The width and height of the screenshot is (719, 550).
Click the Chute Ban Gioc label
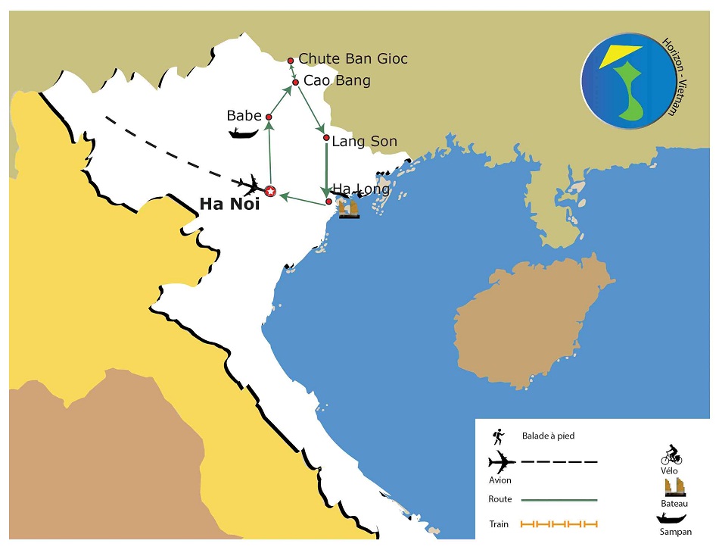[353, 58]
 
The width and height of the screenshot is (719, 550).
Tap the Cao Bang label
[337, 80]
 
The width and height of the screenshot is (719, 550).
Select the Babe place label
[244, 116]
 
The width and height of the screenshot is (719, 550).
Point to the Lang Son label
[364, 141]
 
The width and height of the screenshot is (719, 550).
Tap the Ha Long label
[361, 189]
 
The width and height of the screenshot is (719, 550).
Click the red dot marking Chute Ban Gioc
[291, 61]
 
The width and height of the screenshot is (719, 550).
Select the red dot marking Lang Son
[326, 138]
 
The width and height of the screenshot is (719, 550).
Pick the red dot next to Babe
[269, 117]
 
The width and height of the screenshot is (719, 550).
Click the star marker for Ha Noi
[270, 192]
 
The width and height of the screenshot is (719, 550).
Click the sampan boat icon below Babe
[244, 134]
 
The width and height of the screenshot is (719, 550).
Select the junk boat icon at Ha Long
[349, 208]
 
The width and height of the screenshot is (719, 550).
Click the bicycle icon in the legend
[671, 455]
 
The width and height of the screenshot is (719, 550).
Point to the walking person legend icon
[498, 436]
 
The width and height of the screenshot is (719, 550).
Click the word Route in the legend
[500, 499]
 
